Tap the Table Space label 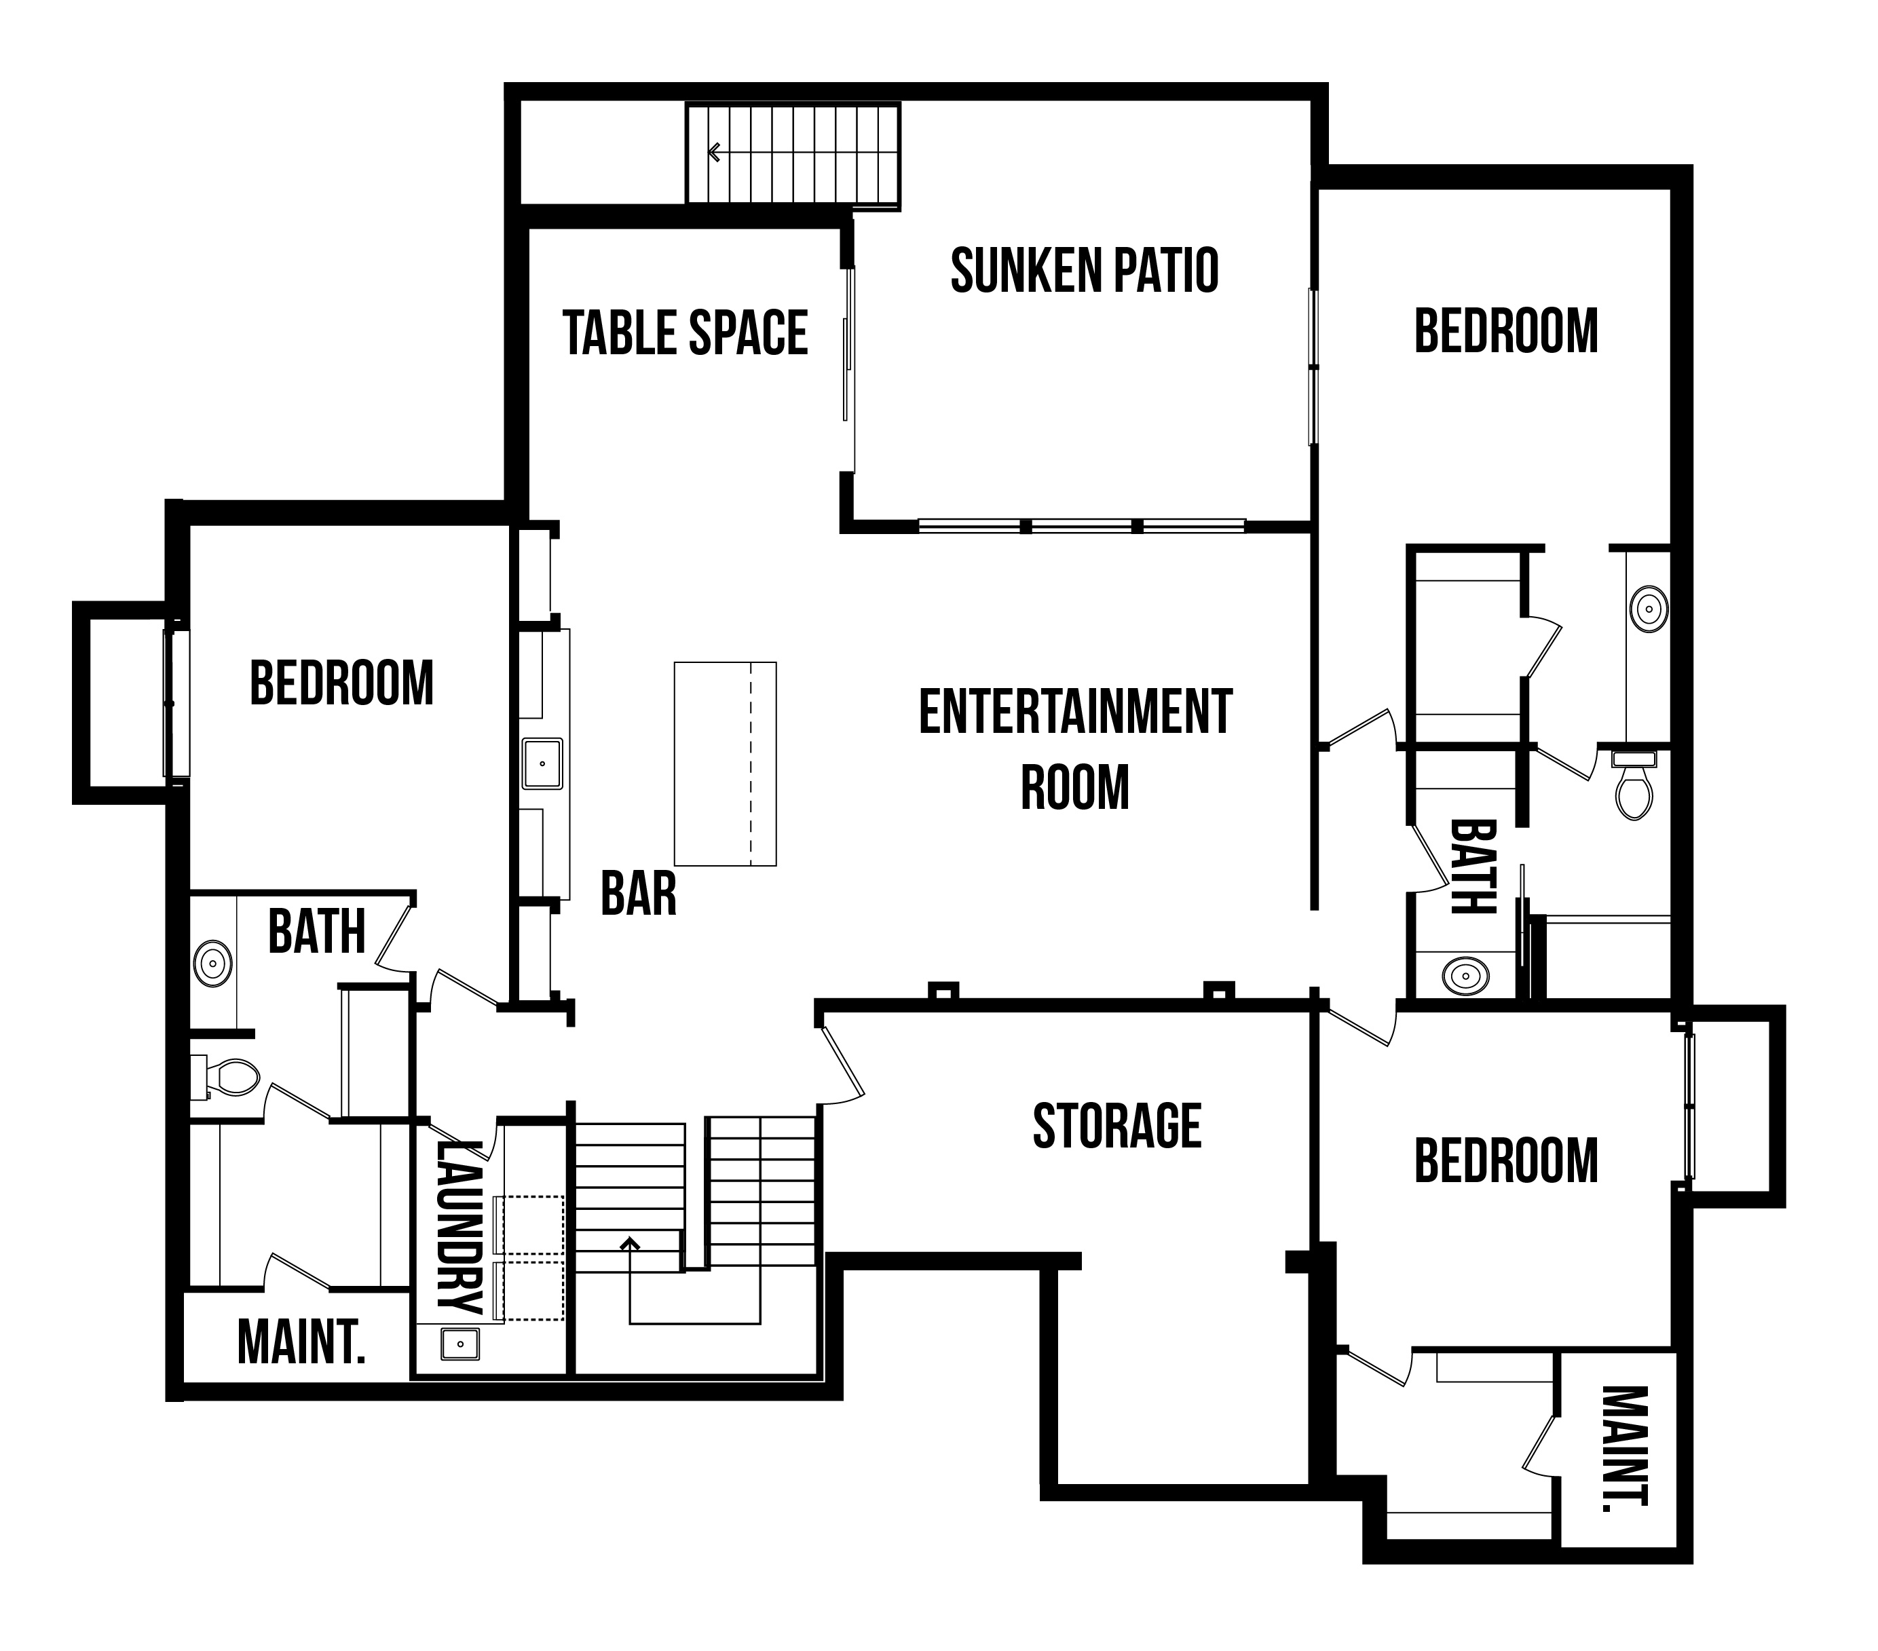pos(686,333)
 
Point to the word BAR pos(639,893)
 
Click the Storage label pos(1117,1126)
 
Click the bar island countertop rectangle pos(725,763)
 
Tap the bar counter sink pos(543,763)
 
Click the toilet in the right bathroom pos(1634,786)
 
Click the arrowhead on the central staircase pos(629,1244)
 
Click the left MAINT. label pos(301,1342)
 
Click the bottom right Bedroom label pos(1506,1160)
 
